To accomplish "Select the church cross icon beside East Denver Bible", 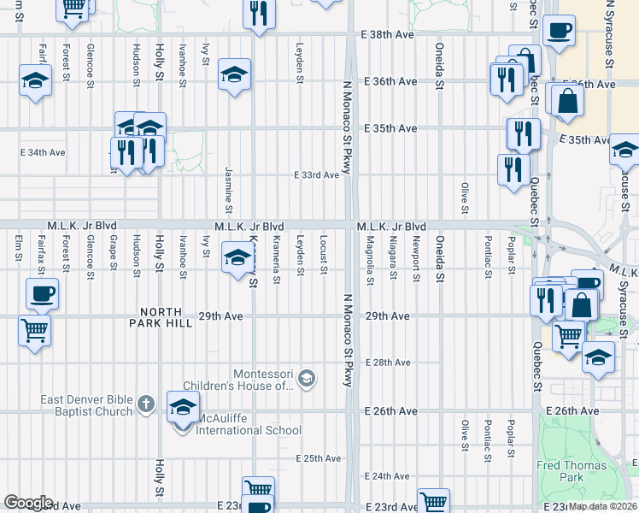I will pyautogui.click(x=146, y=403).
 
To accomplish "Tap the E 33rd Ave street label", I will pyautogui.click(x=316, y=174).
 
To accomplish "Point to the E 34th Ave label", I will pyautogui.click(x=43, y=152).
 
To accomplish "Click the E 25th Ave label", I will pyautogui.click(x=319, y=458).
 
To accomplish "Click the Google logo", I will pyautogui.click(x=29, y=503).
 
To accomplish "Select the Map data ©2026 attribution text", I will pyautogui.click(x=603, y=506).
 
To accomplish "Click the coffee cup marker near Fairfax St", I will pyautogui.click(x=42, y=294).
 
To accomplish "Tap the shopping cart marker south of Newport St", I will pyautogui.click(x=434, y=501).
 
